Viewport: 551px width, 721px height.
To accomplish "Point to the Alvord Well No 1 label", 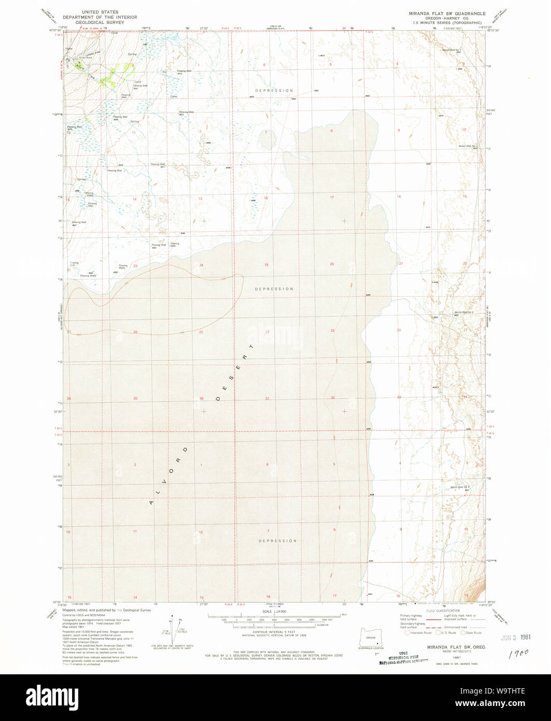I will point(451,50).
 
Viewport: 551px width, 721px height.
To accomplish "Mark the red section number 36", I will point(202,398).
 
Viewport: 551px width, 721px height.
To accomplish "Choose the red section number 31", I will point(267,398).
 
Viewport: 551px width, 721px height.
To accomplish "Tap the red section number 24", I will point(201,265).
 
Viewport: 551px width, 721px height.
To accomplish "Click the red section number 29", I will point(333,330).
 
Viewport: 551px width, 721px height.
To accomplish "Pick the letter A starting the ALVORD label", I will point(151,503).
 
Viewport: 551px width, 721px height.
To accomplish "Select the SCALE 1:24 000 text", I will point(275,612).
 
